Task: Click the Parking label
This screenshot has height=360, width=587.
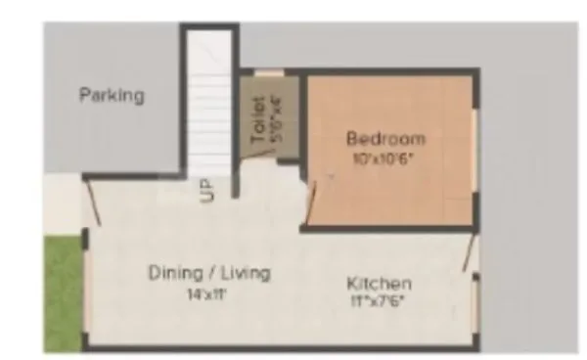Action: point(112,96)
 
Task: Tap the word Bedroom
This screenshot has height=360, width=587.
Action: point(385,138)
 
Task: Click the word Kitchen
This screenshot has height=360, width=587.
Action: point(380,284)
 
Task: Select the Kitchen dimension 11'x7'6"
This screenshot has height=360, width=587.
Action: point(380,301)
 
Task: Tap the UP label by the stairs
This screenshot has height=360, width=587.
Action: point(207,190)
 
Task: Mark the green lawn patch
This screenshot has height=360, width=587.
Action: point(64,293)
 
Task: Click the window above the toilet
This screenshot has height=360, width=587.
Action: point(268,72)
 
